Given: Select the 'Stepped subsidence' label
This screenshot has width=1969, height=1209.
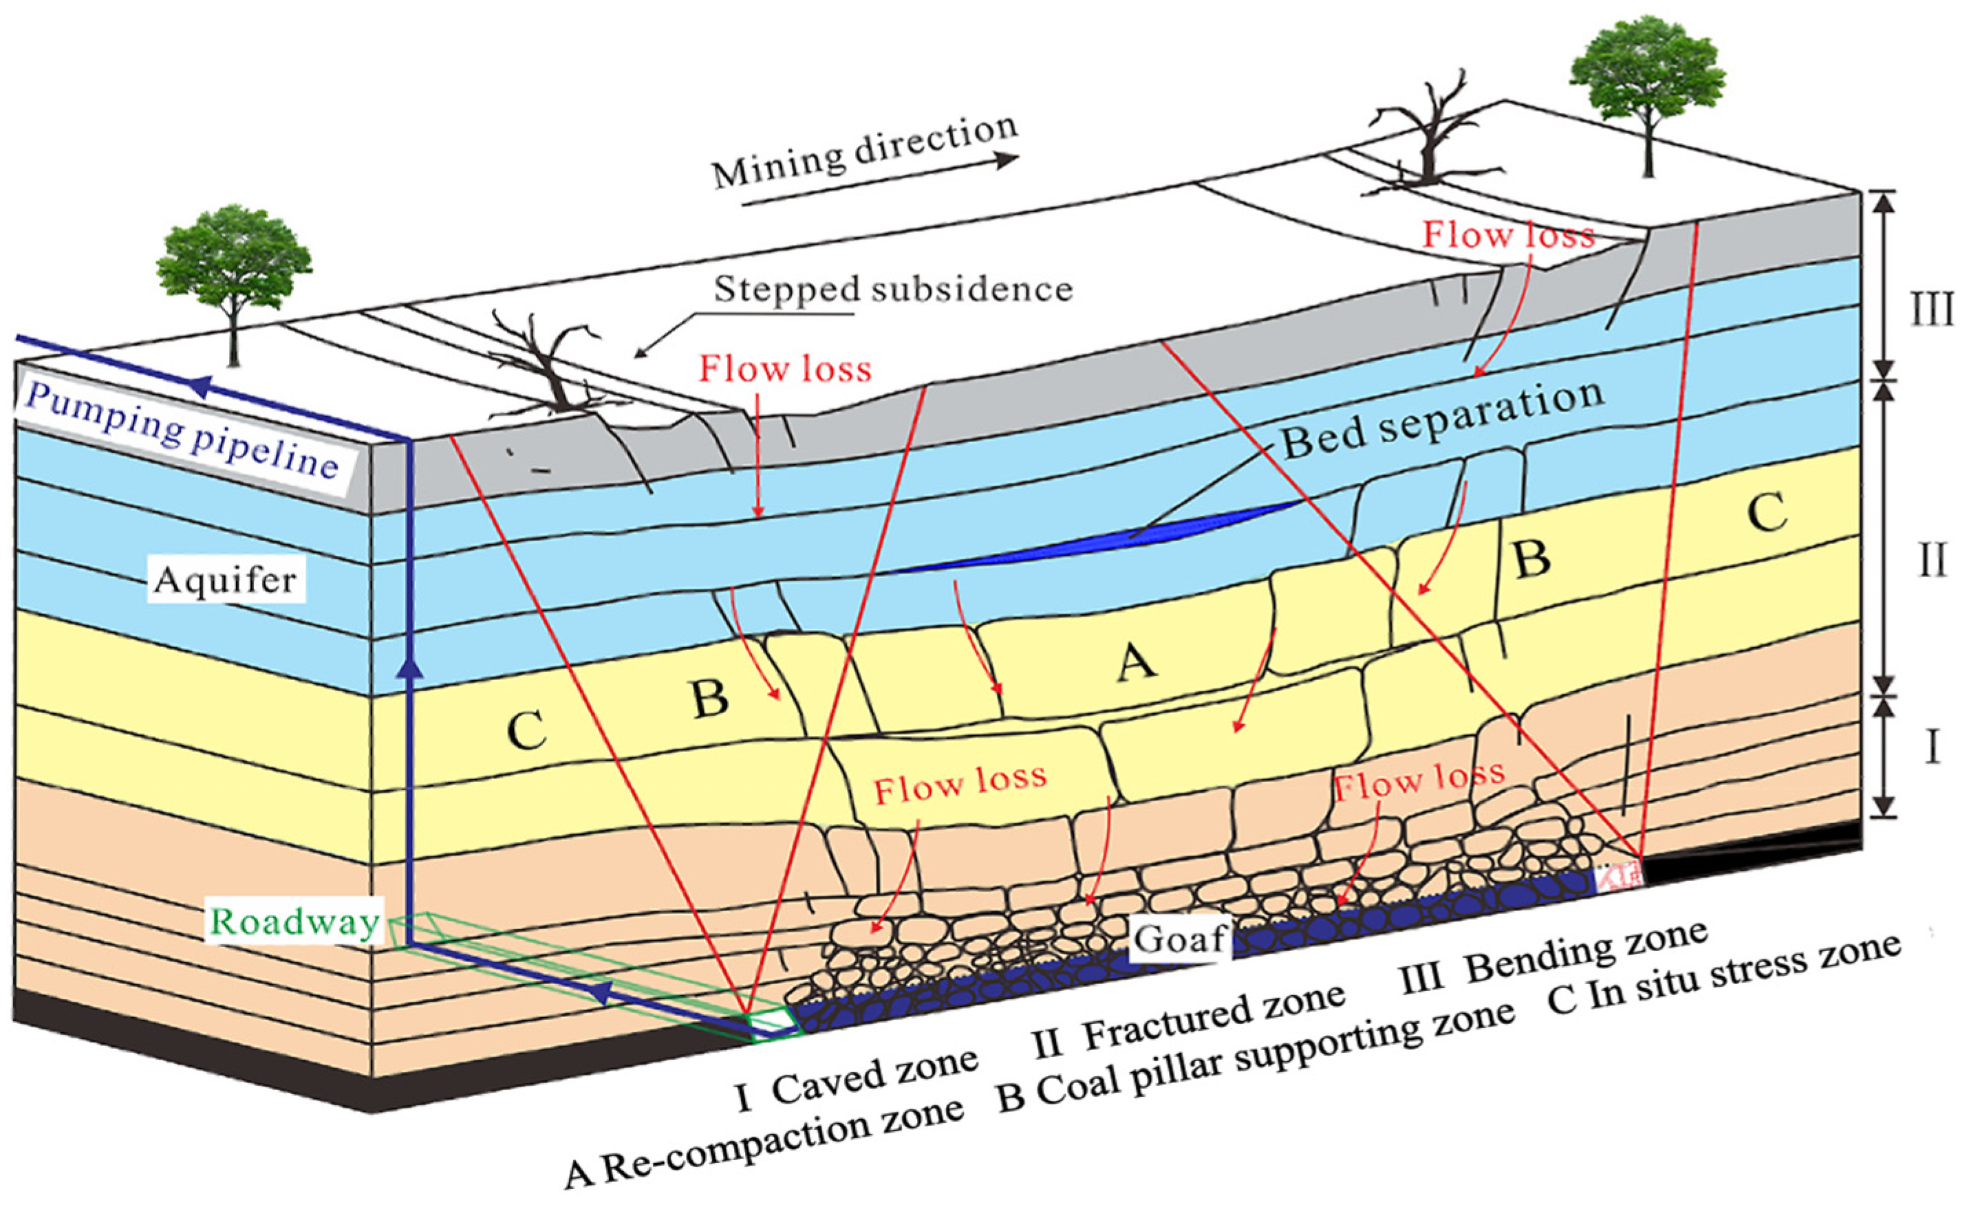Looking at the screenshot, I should tap(892, 289).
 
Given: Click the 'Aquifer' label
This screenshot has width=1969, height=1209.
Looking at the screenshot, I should tap(226, 579).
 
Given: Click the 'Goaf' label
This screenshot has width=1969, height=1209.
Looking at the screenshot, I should tap(1180, 939).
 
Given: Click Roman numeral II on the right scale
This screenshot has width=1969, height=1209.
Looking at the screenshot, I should tap(1931, 560).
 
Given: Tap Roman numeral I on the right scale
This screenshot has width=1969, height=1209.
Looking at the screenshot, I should tap(1931, 748).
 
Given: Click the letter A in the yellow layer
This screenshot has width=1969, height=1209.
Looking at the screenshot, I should tap(1137, 662).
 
